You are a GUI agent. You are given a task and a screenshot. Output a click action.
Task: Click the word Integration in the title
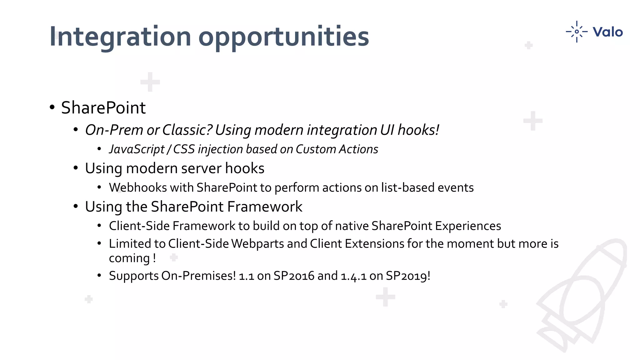tap(120, 37)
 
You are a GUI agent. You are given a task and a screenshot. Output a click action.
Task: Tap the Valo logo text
tap(607, 32)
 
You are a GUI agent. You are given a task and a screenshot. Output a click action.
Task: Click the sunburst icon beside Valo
tap(577, 32)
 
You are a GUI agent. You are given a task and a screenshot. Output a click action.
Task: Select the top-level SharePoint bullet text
tap(103, 108)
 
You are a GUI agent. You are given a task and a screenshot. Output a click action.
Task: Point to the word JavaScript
tap(137, 149)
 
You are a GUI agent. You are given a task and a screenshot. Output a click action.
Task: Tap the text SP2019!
tap(408, 276)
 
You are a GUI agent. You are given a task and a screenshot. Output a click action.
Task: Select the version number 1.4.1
tap(353, 276)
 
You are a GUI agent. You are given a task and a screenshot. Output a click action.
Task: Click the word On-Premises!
tap(198, 276)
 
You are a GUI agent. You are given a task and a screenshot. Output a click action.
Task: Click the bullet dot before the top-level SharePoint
tap(52, 107)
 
